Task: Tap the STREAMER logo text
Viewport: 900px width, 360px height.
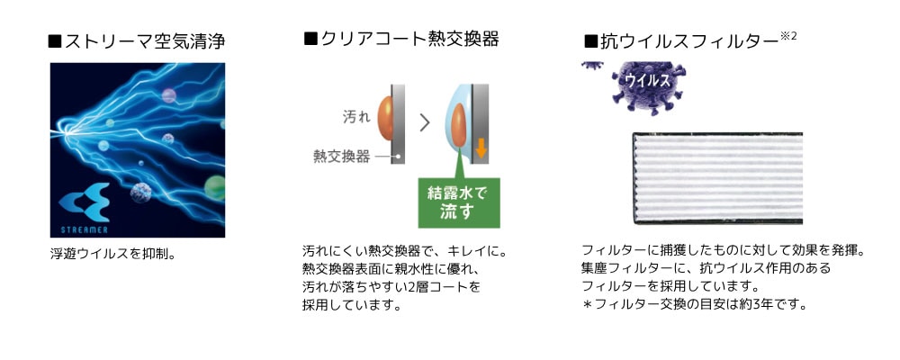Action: pos(85,229)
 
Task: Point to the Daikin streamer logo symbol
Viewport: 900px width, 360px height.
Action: pos(85,202)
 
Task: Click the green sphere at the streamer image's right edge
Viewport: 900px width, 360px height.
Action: pos(216,188)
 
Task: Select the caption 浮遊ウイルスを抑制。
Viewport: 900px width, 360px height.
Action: pos(112,253)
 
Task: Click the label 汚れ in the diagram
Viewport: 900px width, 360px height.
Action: pos(356,117)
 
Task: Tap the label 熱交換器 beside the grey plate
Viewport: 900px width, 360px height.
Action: pos(341,157)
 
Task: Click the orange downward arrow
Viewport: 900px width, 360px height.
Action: pos(481,148)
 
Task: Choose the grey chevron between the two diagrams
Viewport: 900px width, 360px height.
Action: pos(425,122)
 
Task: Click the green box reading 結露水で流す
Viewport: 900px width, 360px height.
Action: pos(459,202)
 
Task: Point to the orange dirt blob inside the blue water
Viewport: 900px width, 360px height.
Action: pos(459,126)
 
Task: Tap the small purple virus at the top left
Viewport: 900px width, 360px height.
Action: pos(592,65)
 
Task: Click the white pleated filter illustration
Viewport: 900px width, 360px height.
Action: pos(717,178)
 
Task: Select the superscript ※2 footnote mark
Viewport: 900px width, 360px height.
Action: pos(788,36)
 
